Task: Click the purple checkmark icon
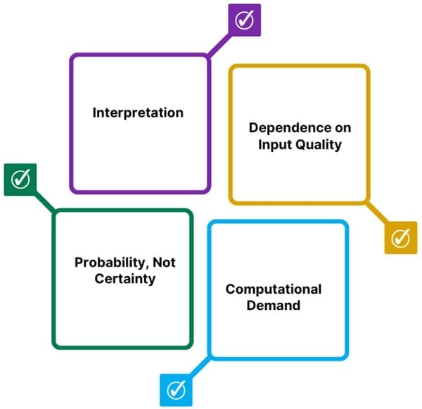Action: pos(244,20)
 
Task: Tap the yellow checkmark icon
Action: pos(400,238)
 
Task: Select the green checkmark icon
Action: pos(20,180)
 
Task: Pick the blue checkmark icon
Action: pos(176,389)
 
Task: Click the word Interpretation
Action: pos(138,112)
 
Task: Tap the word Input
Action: pos(275,145)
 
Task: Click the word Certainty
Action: pos(126,279)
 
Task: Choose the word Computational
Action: pos(274,290)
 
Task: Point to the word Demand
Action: pos(274,306)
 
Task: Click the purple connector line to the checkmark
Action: pos(219,44)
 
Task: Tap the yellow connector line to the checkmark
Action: pos(376,213)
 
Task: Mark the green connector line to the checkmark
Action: pos(45,203)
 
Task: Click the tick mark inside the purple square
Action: pos(244,20)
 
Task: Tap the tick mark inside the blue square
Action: pos(176,389)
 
